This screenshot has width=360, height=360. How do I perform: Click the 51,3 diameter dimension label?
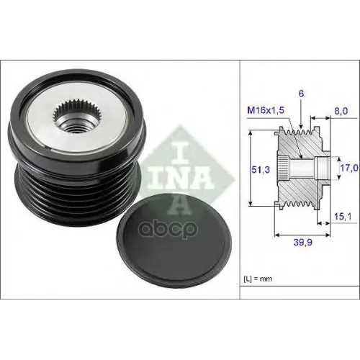(261, 170)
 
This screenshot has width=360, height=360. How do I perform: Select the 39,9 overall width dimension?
(303, 243)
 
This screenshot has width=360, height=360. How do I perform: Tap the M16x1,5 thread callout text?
(266, 110)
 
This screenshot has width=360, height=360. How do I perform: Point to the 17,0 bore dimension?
(349, 168)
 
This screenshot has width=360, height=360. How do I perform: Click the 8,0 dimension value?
(341, 111)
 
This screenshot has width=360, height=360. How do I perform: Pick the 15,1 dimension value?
(343, 217)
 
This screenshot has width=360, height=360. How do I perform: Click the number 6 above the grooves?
(301, 94)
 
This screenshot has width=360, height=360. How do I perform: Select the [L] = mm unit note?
(258, 279)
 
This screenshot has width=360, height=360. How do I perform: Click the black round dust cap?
(174, 240)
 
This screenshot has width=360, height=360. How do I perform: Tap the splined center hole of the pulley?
(74, 117)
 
